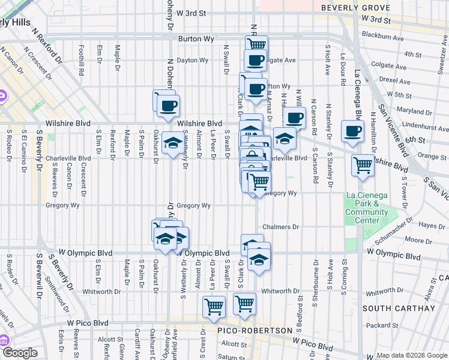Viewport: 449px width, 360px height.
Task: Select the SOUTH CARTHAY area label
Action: pyautogui.click(x=399, y=308)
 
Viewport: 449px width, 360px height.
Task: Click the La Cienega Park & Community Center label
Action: pyautogui.click(x=367, y=208)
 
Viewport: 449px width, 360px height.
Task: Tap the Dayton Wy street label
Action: pyautogui.click(x=192, y=60)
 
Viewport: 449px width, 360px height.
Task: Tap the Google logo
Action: pyautogui.click(x=20, y=353)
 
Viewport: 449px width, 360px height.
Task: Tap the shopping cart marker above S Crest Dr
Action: pyautogui.click(x=214, y=307)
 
